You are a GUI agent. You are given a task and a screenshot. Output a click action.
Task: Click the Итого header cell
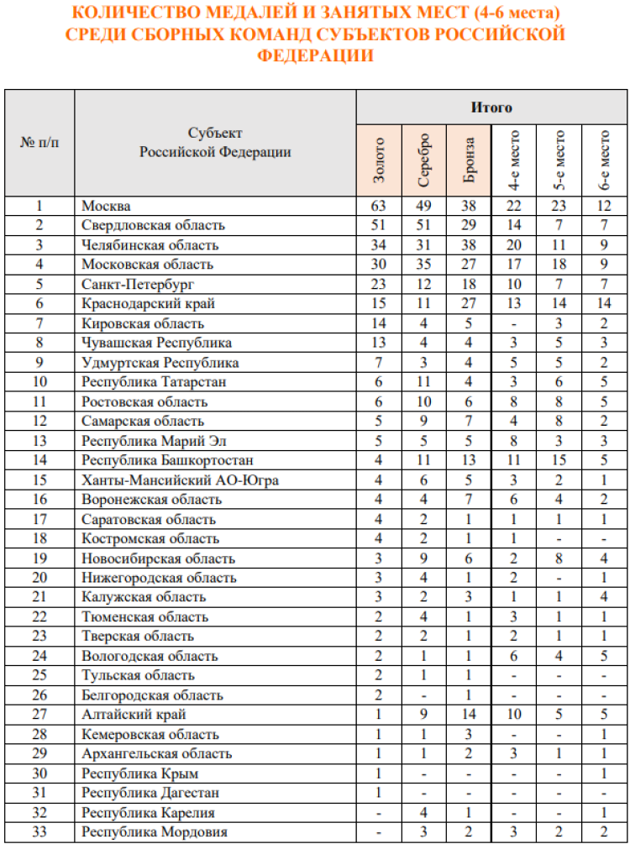(491, 107)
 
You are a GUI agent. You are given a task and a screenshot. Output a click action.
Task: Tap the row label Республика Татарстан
(143, 382)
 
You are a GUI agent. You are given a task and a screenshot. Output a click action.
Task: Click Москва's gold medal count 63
(379, 206)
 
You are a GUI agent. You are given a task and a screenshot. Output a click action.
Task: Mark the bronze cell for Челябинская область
(470, 245)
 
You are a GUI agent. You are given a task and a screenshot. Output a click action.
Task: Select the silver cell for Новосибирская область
(424, 558)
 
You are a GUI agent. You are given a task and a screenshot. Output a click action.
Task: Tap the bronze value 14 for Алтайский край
(470, 716)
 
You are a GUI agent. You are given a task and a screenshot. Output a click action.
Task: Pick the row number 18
(39, 539)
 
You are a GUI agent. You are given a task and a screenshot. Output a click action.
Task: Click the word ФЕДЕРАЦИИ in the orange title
(315, 55)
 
